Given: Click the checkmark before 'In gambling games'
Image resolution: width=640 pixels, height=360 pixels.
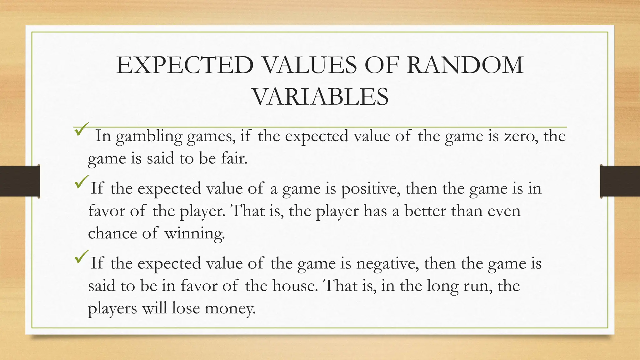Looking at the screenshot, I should (82, 129).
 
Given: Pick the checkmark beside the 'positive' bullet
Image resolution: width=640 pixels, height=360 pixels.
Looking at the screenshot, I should (82, 182).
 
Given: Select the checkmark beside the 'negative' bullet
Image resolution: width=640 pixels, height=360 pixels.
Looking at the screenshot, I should (82, 257).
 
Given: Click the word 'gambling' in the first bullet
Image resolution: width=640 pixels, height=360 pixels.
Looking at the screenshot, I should (149, 137).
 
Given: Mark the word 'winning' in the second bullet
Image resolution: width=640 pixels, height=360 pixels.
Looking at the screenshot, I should (194, 233).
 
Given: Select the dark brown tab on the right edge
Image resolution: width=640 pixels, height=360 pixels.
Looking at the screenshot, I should (620, 181).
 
